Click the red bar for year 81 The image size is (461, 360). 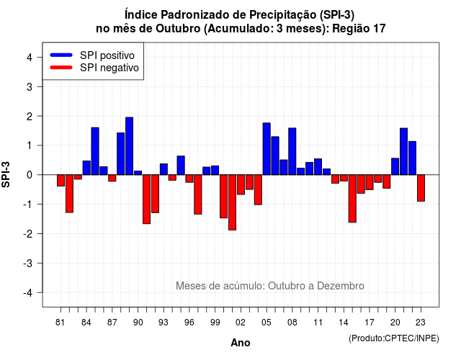[x=61, y=181]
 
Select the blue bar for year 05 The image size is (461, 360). [x=267, y=149]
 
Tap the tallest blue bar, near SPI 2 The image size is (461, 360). [x=130, y=146]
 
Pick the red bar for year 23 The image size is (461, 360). [x=421, y=188]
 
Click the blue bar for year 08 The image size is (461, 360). [x=292, y=151]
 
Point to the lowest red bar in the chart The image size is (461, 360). [x=232, y=202]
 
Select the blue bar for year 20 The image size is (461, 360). [x=395, y=166]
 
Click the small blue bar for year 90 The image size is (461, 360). [x=138, y=173]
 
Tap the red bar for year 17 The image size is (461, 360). [x=370, y=182]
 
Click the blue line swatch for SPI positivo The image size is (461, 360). [x=61, y=55]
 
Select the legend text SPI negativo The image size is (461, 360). [x=109, y=68]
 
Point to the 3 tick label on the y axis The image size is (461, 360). [x=30, y=86]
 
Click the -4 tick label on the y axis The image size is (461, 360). [x=28, y=293]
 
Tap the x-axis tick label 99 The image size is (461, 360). [x=215, y=323]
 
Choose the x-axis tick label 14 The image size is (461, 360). [x=344, y=323]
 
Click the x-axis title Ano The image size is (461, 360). [x=241, y=343]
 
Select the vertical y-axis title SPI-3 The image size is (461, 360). [x=6, y=174]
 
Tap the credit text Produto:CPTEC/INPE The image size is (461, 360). [x=394, y=338]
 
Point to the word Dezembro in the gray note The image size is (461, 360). [x=341, y=286]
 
